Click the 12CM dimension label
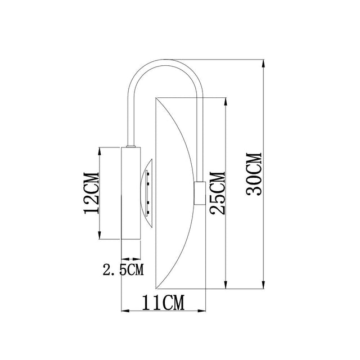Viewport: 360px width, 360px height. click(91, 193)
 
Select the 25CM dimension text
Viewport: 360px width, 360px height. click(217, 193)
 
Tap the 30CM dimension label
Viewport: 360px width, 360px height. click(254, 174)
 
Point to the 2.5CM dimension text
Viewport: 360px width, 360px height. click(123, 269)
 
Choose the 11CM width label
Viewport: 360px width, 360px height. click(164, 303)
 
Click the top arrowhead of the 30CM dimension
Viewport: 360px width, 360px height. click(264, 64)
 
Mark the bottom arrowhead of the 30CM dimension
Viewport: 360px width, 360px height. click(264, 285)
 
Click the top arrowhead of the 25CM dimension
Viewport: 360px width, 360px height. click(226, 102)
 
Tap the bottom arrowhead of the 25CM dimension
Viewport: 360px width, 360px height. click(226, 285)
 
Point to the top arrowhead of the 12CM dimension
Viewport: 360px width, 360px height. click(100, 151)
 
